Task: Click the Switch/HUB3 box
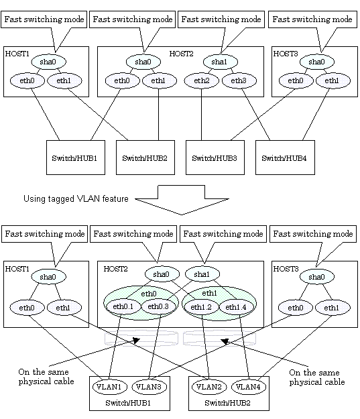click(x=215, y=158)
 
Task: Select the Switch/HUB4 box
click(x=285, y=158)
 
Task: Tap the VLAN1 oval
click(x=109, y=387)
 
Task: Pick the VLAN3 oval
click(x=149, y=387)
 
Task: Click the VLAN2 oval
click(x=209, y=387)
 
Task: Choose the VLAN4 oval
click(x=249, y=387)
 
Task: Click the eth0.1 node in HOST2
click(x=123, y=306)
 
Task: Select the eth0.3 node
click(x=158, y=306)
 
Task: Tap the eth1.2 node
click(x=201, y=307)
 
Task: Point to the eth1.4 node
click(x=236, y=307)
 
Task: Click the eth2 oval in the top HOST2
click(x=202, y=80)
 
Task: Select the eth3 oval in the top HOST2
click(x=239, y=80)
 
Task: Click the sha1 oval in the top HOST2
click(x=220, y=62)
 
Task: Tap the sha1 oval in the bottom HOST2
click(x=202, y=274)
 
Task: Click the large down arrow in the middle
click(x=182, y=200)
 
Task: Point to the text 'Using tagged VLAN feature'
click(x=76, y=199)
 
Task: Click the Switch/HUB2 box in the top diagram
click(x=145, y=158)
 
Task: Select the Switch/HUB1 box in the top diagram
click(x=76, y=158)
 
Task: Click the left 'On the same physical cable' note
click(x=46, y=377)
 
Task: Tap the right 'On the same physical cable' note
click(x=317, y=377)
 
